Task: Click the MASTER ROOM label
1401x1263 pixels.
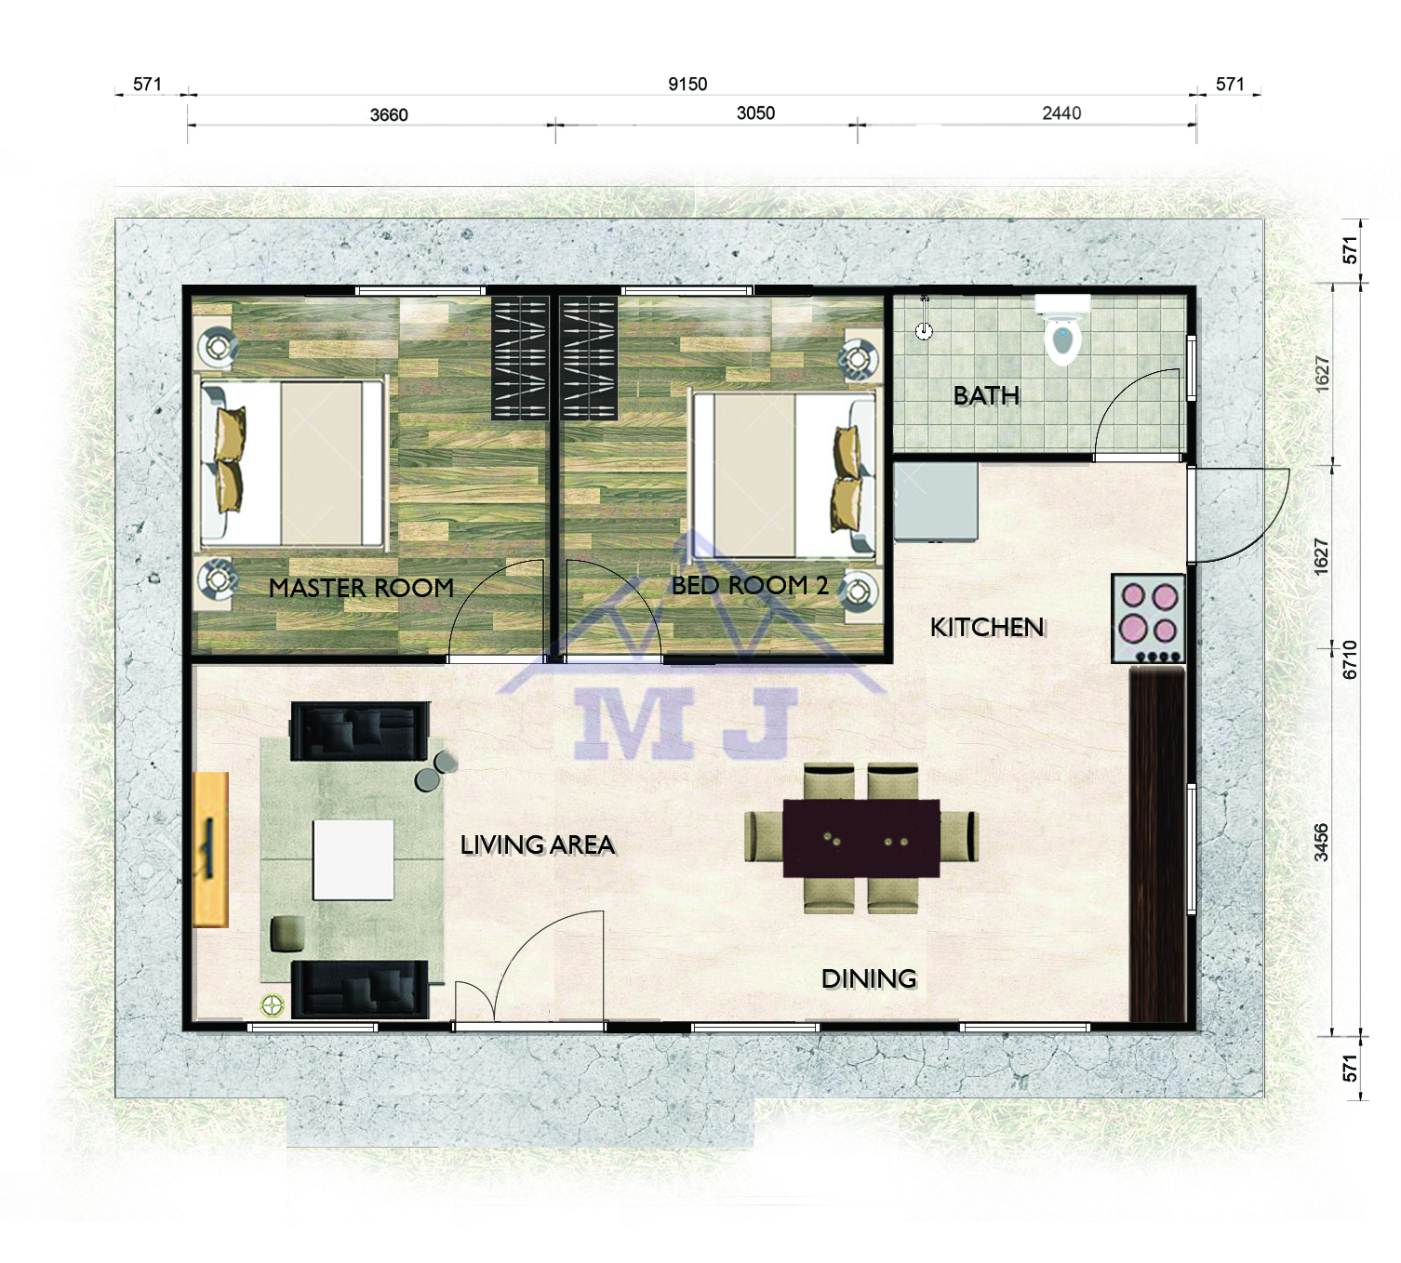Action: (x=361, y=588)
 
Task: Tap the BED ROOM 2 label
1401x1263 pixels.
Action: (x=750, y=585)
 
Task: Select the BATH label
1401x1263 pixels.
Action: (x=986, y=396)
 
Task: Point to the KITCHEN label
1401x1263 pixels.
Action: (x=987, y=627)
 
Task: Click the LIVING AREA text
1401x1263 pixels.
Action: (x=537, y=845)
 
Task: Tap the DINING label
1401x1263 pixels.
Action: (x=869, y=978)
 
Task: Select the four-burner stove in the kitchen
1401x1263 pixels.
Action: (x=1148, y=618)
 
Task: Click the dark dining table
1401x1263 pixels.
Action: (x=861, y=838)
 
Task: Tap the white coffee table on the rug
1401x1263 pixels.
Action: (x=353, y=860)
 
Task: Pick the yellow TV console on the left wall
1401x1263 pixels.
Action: (x=210, y=849)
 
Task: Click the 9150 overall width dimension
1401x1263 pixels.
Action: (x=687, y=85)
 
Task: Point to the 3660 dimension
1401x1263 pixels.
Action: (x=388, y=114)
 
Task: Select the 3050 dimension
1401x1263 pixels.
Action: (x=755, y=113)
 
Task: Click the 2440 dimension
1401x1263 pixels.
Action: (x=1061, y=113)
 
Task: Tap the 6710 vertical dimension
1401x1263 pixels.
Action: (x=1350, y=659)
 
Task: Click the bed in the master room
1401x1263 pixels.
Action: (x=293, y=463)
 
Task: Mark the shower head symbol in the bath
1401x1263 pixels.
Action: (x=924, y=318)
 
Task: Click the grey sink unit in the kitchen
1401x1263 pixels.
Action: (x=936, y=502)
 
